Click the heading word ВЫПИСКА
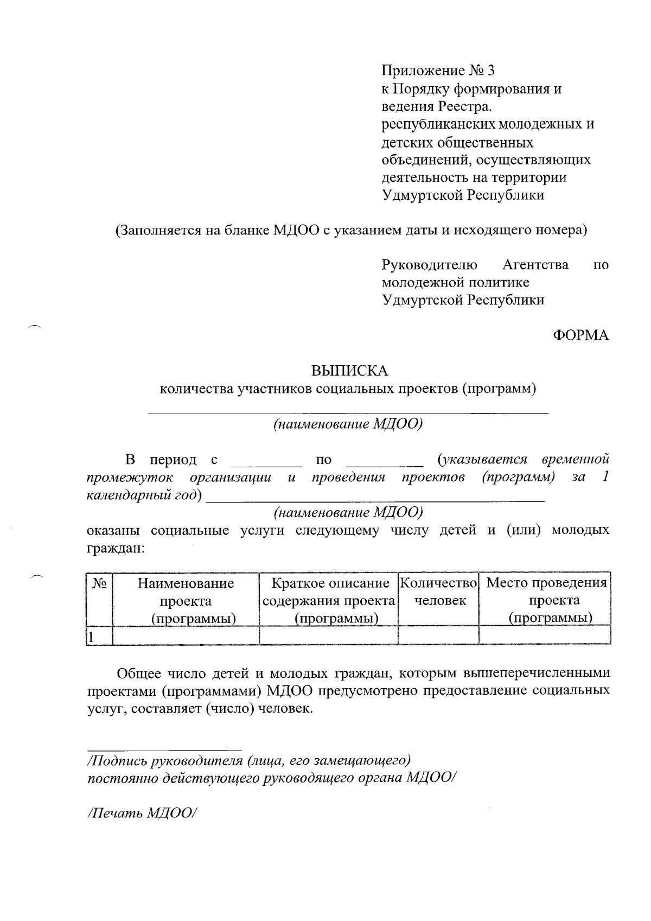click(349, 371)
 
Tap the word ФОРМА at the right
click(580, 335)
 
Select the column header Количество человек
click(439, 592)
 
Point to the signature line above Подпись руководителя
click(164, 749)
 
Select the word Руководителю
click(430, 265)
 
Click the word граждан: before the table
click(116, 548)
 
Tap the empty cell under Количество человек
click(438, 636)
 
